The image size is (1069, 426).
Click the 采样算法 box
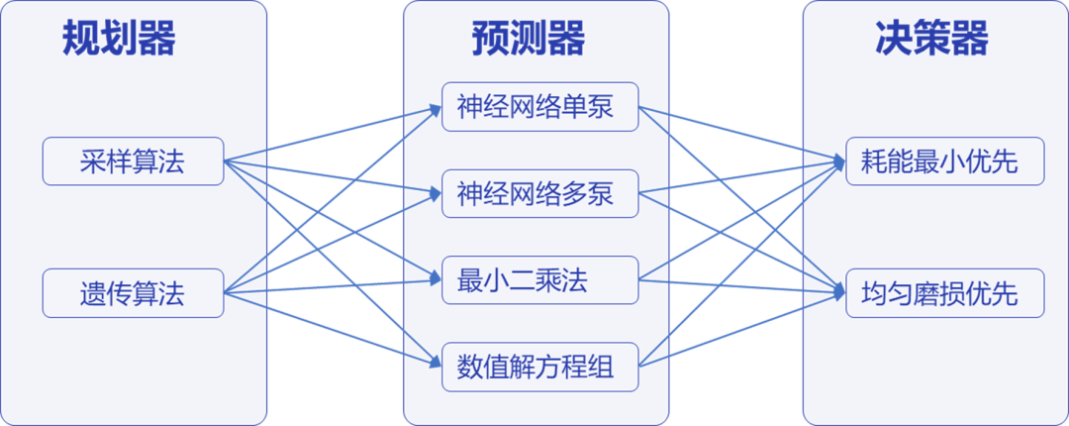(x=133, y=161)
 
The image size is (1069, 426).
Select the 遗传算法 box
(x=133, y=293)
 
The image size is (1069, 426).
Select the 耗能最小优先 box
(x=945, y=161)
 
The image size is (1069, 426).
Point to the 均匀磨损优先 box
(x=945, y=293)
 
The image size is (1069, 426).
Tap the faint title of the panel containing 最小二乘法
(x=536, y=39)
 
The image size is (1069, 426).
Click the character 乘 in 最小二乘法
(x=548, y=280)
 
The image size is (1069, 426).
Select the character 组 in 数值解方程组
(x=601, y=368)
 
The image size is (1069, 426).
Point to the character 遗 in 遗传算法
(x=93, y=293)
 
